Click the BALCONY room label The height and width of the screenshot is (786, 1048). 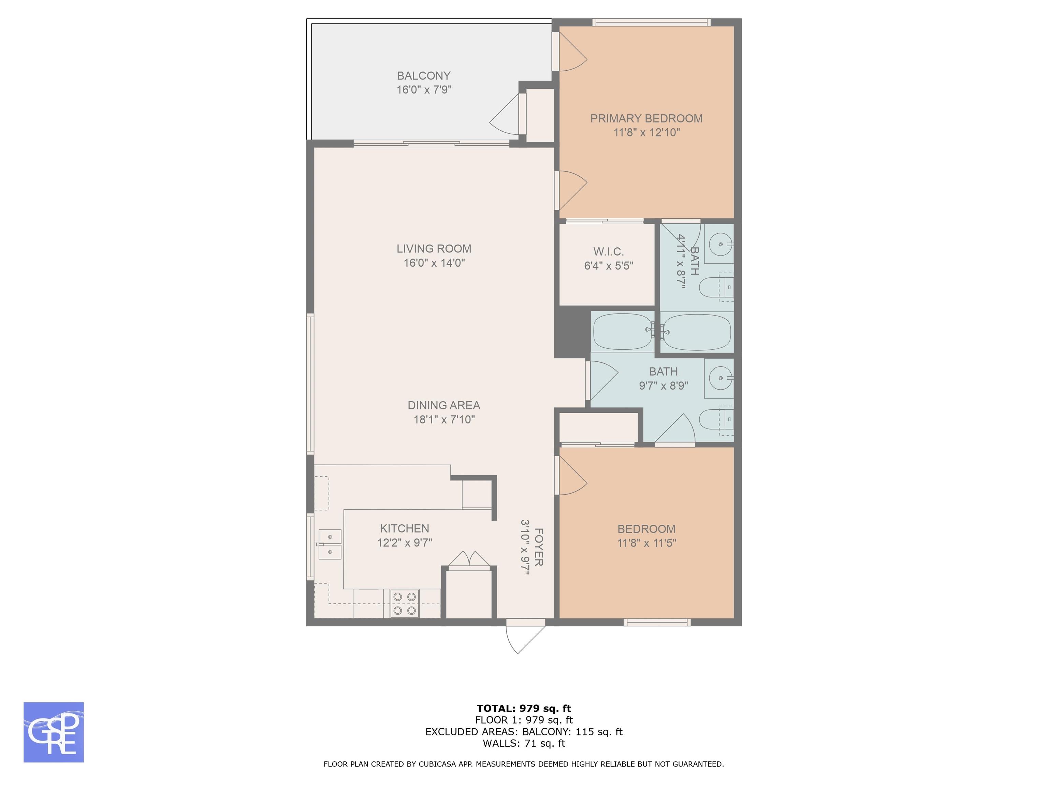[x=424, y=76]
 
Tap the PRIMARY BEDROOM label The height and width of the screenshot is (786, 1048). [x=646, y=118]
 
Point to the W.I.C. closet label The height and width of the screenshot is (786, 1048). [x=608, y=251]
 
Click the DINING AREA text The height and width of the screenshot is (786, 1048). [x=444, y=406]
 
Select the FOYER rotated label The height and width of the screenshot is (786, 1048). [x=539, y=547]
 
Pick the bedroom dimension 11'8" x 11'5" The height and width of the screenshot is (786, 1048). [x=646, y=543]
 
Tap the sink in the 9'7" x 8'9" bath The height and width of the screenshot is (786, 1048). [x=719, y=378]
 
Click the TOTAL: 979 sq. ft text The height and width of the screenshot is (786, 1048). [x=524, y=708]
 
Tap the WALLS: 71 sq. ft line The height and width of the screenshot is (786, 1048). [x=524, y=743]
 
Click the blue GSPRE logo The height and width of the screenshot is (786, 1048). [x=54, y=732]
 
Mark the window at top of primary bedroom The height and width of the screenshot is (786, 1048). [x=652, y=22]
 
